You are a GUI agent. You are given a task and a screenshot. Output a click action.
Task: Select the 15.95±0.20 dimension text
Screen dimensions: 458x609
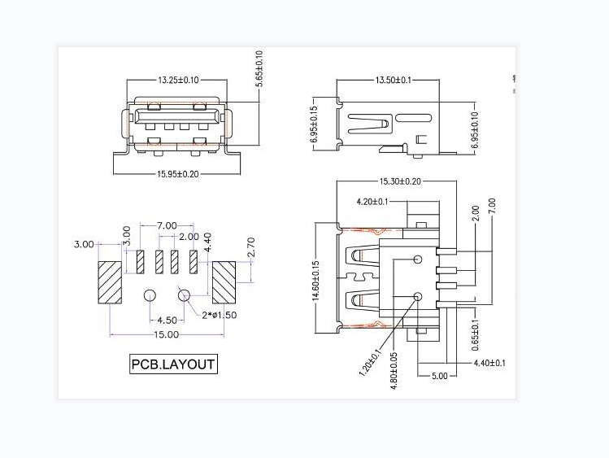(x=178, y=174)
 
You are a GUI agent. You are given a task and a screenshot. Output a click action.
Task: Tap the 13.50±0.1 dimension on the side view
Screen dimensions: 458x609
(x=394, y=81)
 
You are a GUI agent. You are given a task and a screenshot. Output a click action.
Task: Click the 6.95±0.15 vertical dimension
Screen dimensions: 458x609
(x=315, y=125)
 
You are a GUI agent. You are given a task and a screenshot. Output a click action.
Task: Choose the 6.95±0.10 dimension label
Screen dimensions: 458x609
(x=475, y=126)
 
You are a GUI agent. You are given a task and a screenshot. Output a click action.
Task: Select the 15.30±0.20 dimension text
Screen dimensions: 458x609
(x=399, y=181)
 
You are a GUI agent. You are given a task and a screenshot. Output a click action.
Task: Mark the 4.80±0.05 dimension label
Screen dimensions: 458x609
(x=394, y=371)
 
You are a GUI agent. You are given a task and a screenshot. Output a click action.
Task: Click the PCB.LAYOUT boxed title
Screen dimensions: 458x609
(x=174, y=364)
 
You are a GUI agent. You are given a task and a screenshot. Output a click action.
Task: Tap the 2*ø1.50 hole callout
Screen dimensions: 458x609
(x=219, y=316)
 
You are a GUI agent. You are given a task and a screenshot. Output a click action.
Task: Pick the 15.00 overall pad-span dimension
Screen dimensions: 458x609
(x=167, y=334)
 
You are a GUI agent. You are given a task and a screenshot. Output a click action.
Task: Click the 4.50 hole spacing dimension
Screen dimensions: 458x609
(x=167, y=320)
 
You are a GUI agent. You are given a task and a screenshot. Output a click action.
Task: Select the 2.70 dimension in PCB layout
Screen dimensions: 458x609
(x=250, y=247)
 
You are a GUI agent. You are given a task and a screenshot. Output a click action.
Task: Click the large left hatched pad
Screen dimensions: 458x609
(x=110, y=282)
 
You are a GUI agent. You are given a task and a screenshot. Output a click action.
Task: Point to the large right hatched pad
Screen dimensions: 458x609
(x=224, y=282)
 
